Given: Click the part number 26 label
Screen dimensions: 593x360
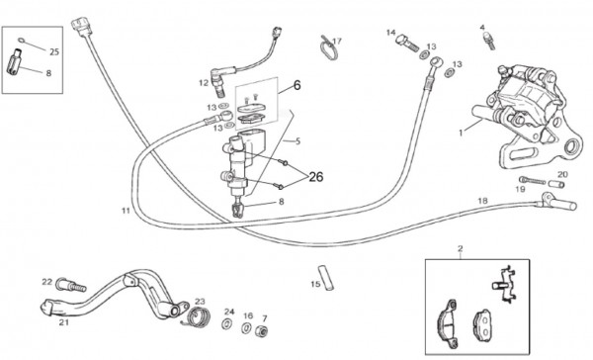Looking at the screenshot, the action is (316, 177).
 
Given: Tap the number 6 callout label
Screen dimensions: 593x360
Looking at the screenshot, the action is (296, 86).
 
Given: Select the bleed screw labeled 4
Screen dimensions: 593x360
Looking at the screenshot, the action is (488, 41).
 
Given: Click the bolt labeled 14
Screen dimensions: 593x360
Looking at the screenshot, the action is (407, 43).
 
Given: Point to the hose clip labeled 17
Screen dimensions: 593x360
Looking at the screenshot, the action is (328, 48).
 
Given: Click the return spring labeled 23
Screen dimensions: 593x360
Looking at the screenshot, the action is (197, 316).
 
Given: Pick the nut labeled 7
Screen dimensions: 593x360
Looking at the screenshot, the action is (261, 330).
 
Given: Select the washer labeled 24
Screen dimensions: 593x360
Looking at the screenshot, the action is (227, 324).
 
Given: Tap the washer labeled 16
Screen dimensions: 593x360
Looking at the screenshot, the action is (246, 327).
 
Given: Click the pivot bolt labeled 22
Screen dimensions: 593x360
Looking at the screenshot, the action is (71, 285).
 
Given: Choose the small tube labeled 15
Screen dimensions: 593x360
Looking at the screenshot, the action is (326, 278).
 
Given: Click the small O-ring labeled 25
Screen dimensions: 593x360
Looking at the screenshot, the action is (22, 41).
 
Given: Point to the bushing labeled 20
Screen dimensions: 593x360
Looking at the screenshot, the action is (556, 184).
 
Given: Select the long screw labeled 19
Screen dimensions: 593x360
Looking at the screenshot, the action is (532, 180).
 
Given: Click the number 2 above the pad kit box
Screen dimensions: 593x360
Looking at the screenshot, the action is (460, 248).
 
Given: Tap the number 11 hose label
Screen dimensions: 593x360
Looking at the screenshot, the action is (126, 210).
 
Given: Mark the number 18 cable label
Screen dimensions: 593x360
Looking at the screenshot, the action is (483, 201).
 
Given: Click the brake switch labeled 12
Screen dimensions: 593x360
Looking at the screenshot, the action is (216, 81).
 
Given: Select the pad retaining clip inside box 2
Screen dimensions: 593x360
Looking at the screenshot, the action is (504, 284).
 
